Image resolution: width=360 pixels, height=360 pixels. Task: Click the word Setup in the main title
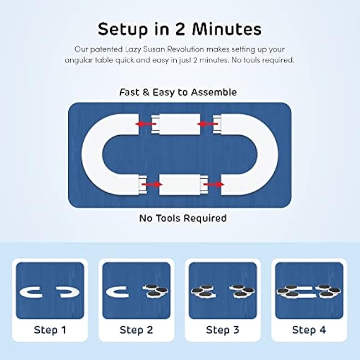pos(122,30)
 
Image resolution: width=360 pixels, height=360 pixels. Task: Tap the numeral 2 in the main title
pos(180,29)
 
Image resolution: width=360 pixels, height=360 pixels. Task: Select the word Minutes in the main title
pos(227,29)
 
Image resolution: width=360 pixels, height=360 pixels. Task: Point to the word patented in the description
pos(106,50)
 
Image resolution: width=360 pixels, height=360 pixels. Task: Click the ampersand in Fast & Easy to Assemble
pos(146,92)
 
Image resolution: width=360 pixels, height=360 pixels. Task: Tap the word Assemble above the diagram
pos(214,92)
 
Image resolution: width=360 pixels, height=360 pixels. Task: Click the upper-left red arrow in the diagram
pos(146,124)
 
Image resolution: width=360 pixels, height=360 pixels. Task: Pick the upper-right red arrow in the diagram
pos(207,124)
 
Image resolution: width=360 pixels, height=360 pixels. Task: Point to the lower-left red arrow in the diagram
pos(152,184)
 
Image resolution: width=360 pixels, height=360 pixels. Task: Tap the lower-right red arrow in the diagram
pos(214,184)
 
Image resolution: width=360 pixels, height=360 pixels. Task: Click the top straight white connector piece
pos(176,124)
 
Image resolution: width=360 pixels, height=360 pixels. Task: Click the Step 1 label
pos(50,330)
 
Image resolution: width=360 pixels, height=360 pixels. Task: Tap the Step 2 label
pos(136,330)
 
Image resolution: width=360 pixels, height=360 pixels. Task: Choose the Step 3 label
pos(223,330)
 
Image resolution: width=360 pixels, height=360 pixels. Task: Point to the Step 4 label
pos(309,330)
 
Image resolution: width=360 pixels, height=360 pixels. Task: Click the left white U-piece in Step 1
pos(23,292)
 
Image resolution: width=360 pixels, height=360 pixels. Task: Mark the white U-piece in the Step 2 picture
pos(110,292)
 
